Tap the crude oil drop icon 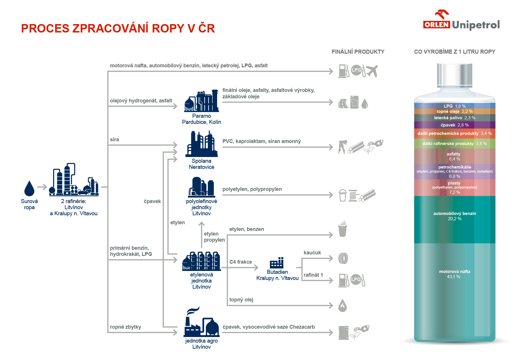[x=29, y=189]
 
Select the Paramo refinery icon [x=201, y=101]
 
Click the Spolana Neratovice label [x=201, y=164]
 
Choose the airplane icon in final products [x=372, y=71]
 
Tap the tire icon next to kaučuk [x=343, y=258]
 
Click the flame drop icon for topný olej [x=342, y=305]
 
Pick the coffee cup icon [x=342, y=229]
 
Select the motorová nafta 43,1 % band [x=455, y=290]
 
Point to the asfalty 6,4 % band [x=455, y=156]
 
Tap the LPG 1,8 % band [x=455, y=106]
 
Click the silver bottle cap [x=455, y=75]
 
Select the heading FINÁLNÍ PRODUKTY [x=358, y=52]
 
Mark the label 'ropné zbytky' [x=125, y=327]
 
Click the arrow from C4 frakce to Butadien [x=244, y=267]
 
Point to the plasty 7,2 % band [x=455, y=187]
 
